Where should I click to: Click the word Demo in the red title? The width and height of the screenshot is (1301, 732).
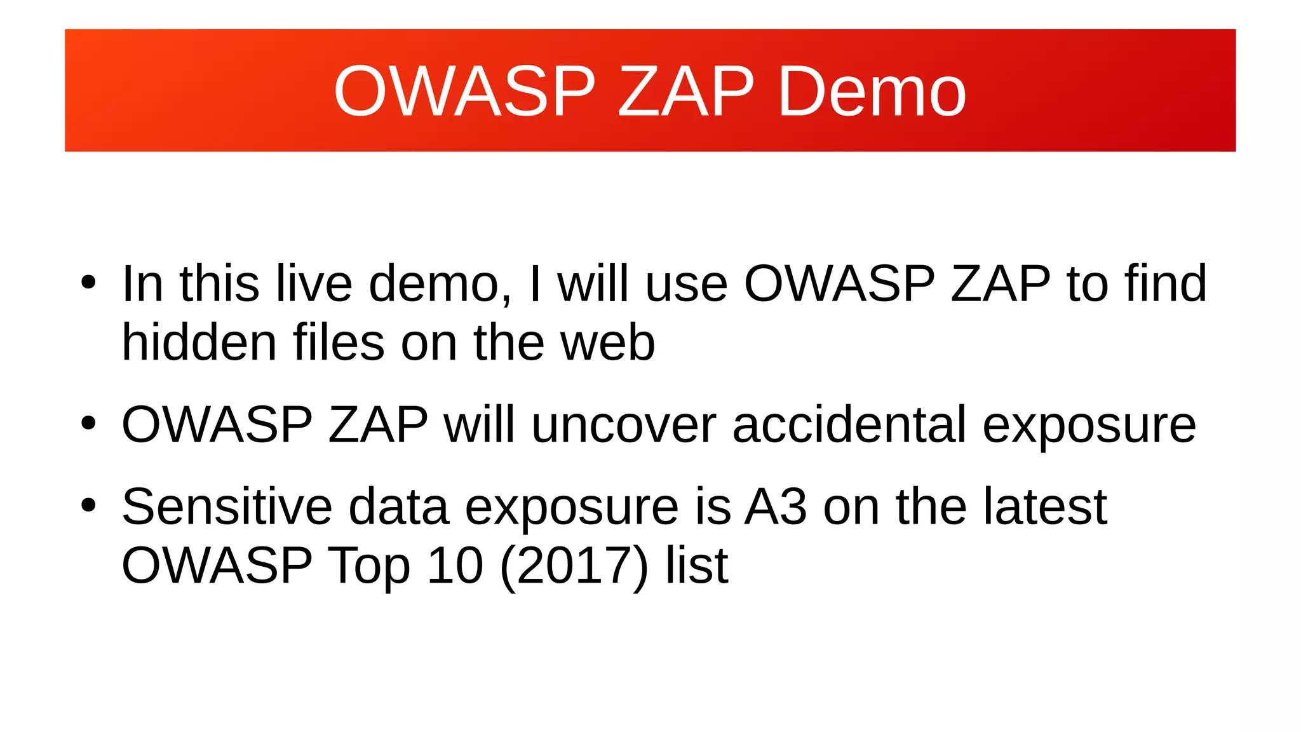point(872,92)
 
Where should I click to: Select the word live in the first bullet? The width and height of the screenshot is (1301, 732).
point(314,284)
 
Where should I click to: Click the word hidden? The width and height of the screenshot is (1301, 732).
point(199,343)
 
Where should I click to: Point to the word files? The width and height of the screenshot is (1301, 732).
point(339,343)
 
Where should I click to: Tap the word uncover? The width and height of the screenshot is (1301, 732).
point(624,425)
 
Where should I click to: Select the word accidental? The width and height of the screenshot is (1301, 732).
point(849,425)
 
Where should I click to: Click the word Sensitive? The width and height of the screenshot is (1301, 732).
point(227,507)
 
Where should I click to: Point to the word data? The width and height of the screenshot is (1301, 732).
point(398,507)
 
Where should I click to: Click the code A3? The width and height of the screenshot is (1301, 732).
point(776,507)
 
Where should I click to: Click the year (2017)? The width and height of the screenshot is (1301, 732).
point(574,566)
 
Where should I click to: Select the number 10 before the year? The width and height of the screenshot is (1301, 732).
point(455,566)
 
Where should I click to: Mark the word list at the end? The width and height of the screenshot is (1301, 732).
point(696,566)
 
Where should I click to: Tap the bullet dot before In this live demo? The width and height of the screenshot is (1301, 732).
point(88,283)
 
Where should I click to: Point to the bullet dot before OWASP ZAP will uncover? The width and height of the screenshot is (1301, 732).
point(88,424)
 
